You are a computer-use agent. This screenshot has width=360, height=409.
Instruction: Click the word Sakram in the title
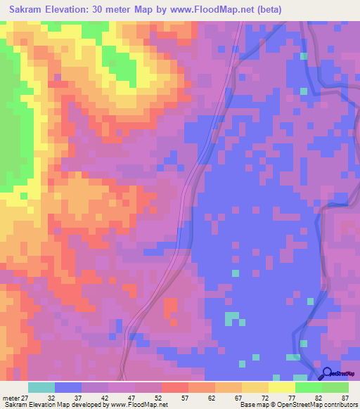(x=29, y=9)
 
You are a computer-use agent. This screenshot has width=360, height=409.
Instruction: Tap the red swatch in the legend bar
(x=174, y=387)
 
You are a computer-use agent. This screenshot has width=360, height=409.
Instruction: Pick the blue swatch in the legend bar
(x=67, y=387)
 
